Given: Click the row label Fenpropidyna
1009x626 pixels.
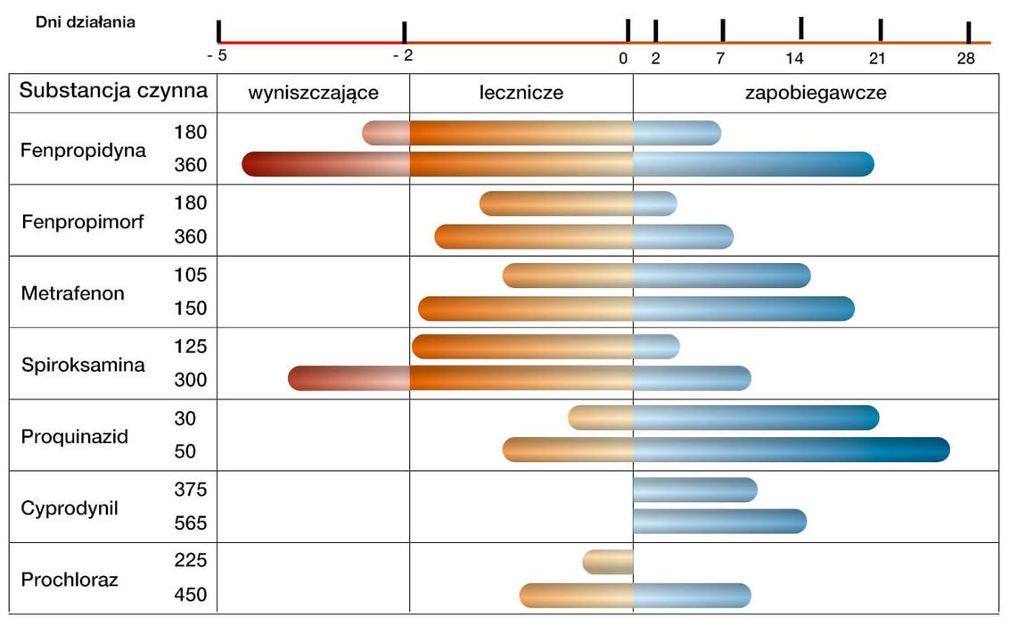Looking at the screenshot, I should pyautogui.click(x=83, y=149).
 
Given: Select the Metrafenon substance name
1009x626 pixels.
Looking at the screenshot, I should pyautogui.click(x=72, y=292).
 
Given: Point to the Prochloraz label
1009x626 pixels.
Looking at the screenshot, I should pyautogui.click(x=70, y=580).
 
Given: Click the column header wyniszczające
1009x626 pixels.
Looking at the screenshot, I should pyautogui.click(x=313, y=93).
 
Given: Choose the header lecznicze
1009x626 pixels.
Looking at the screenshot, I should pyautogui.click(x=521, y=93).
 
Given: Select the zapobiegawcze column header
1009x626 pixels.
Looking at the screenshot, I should pyautogui.click(x=816, y=93).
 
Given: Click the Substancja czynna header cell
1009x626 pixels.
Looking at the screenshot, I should pyautogui.click(x=114, y=91).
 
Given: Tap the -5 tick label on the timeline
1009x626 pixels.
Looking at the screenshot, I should pyautogui.click(x=217, y=55).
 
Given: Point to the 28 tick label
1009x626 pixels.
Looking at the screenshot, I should pyautogui.click(x=965, y=59).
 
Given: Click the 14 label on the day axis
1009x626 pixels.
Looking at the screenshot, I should pyautogui.click(x=795, y=59).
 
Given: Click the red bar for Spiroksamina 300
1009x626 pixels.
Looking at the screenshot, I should pyautogui.click(x=349, y=378).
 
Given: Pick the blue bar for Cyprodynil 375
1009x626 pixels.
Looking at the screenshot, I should pyautogui.click(x=694, y=490).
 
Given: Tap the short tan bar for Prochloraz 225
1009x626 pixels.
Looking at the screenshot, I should pyautogui.click(x=608, y=562).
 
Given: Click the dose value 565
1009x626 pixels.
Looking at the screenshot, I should pyautogui.click(x=191, y=523).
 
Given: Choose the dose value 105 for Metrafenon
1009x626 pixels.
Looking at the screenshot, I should pyautogui.click(x=191, y=275).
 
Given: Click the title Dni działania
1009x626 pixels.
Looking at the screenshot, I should pyautogui.click(x=86, y=22).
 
